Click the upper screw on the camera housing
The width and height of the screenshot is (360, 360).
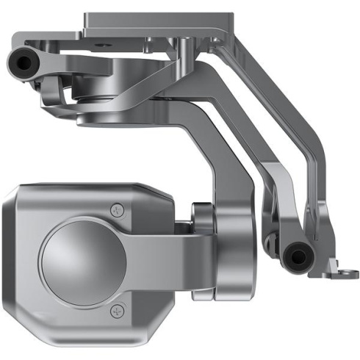click(x=115, y=210)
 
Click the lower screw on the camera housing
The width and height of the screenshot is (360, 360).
click(x=115, y=312)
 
